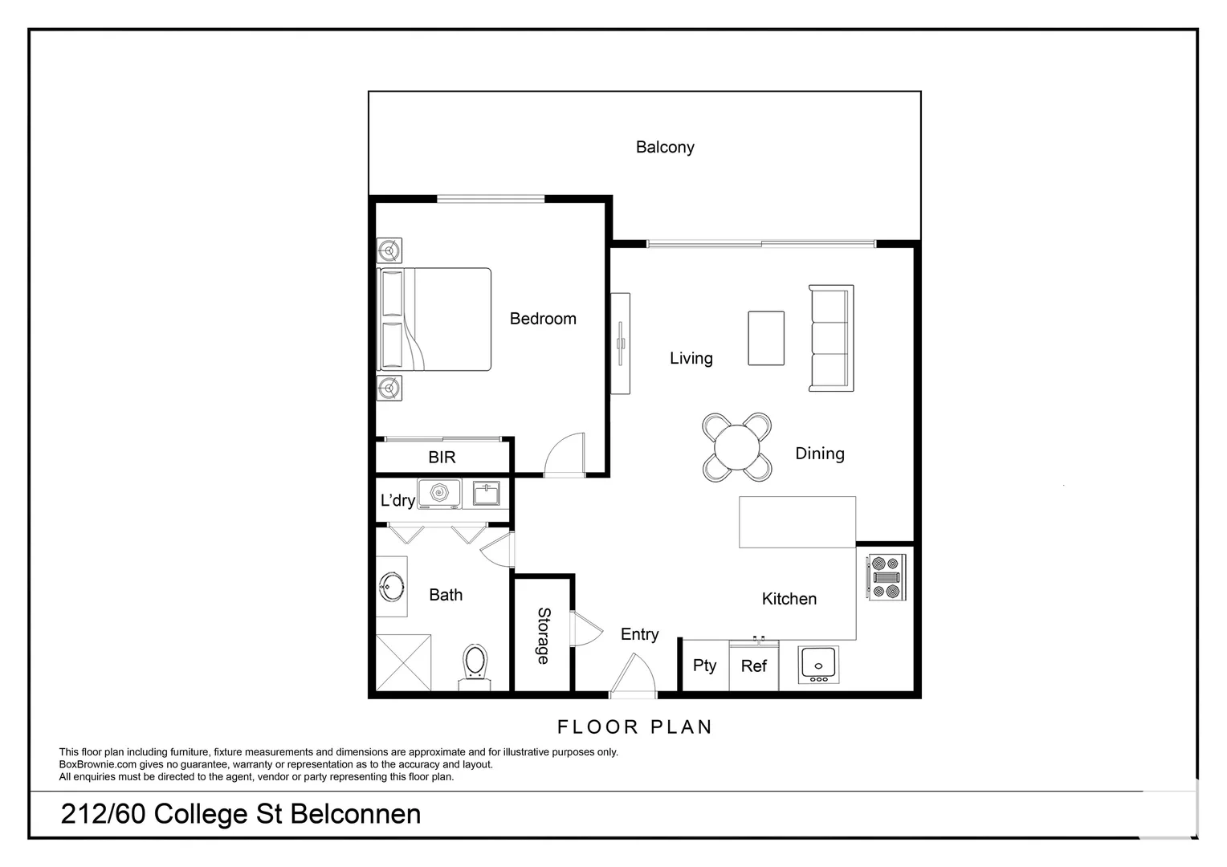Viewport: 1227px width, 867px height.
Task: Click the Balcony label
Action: [x=664, y=147]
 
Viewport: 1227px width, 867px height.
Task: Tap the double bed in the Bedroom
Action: [x=434, y=320]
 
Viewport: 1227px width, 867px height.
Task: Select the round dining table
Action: [x=736, y=447]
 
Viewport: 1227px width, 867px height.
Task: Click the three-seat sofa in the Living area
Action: [x=831, y=338]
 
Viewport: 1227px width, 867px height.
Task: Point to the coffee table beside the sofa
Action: [x=766, y=338]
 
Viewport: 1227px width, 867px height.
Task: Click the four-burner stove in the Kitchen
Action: [x=887, y=577]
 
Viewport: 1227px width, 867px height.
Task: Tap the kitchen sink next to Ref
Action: [x=818, y=665]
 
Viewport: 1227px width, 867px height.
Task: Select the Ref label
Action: [x=754, y=666]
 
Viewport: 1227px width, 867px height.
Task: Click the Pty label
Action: [x=704, y=666]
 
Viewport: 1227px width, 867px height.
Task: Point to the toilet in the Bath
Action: [x=475, y=667]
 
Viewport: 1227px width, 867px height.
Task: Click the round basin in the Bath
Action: [x=391, y=587]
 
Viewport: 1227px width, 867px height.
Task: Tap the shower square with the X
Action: [x=404, y=663]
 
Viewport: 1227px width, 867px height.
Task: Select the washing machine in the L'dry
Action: [x=439, y=494]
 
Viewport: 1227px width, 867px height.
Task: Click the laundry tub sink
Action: [x=486, y=494]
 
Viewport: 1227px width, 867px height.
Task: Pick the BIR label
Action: [x=442, y=458]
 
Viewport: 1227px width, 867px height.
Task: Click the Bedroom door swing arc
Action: [x=565, y=454]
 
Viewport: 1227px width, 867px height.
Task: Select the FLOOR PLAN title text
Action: [x=634, y=727]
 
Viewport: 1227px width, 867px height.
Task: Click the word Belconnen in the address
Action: [x=356, y=814]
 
